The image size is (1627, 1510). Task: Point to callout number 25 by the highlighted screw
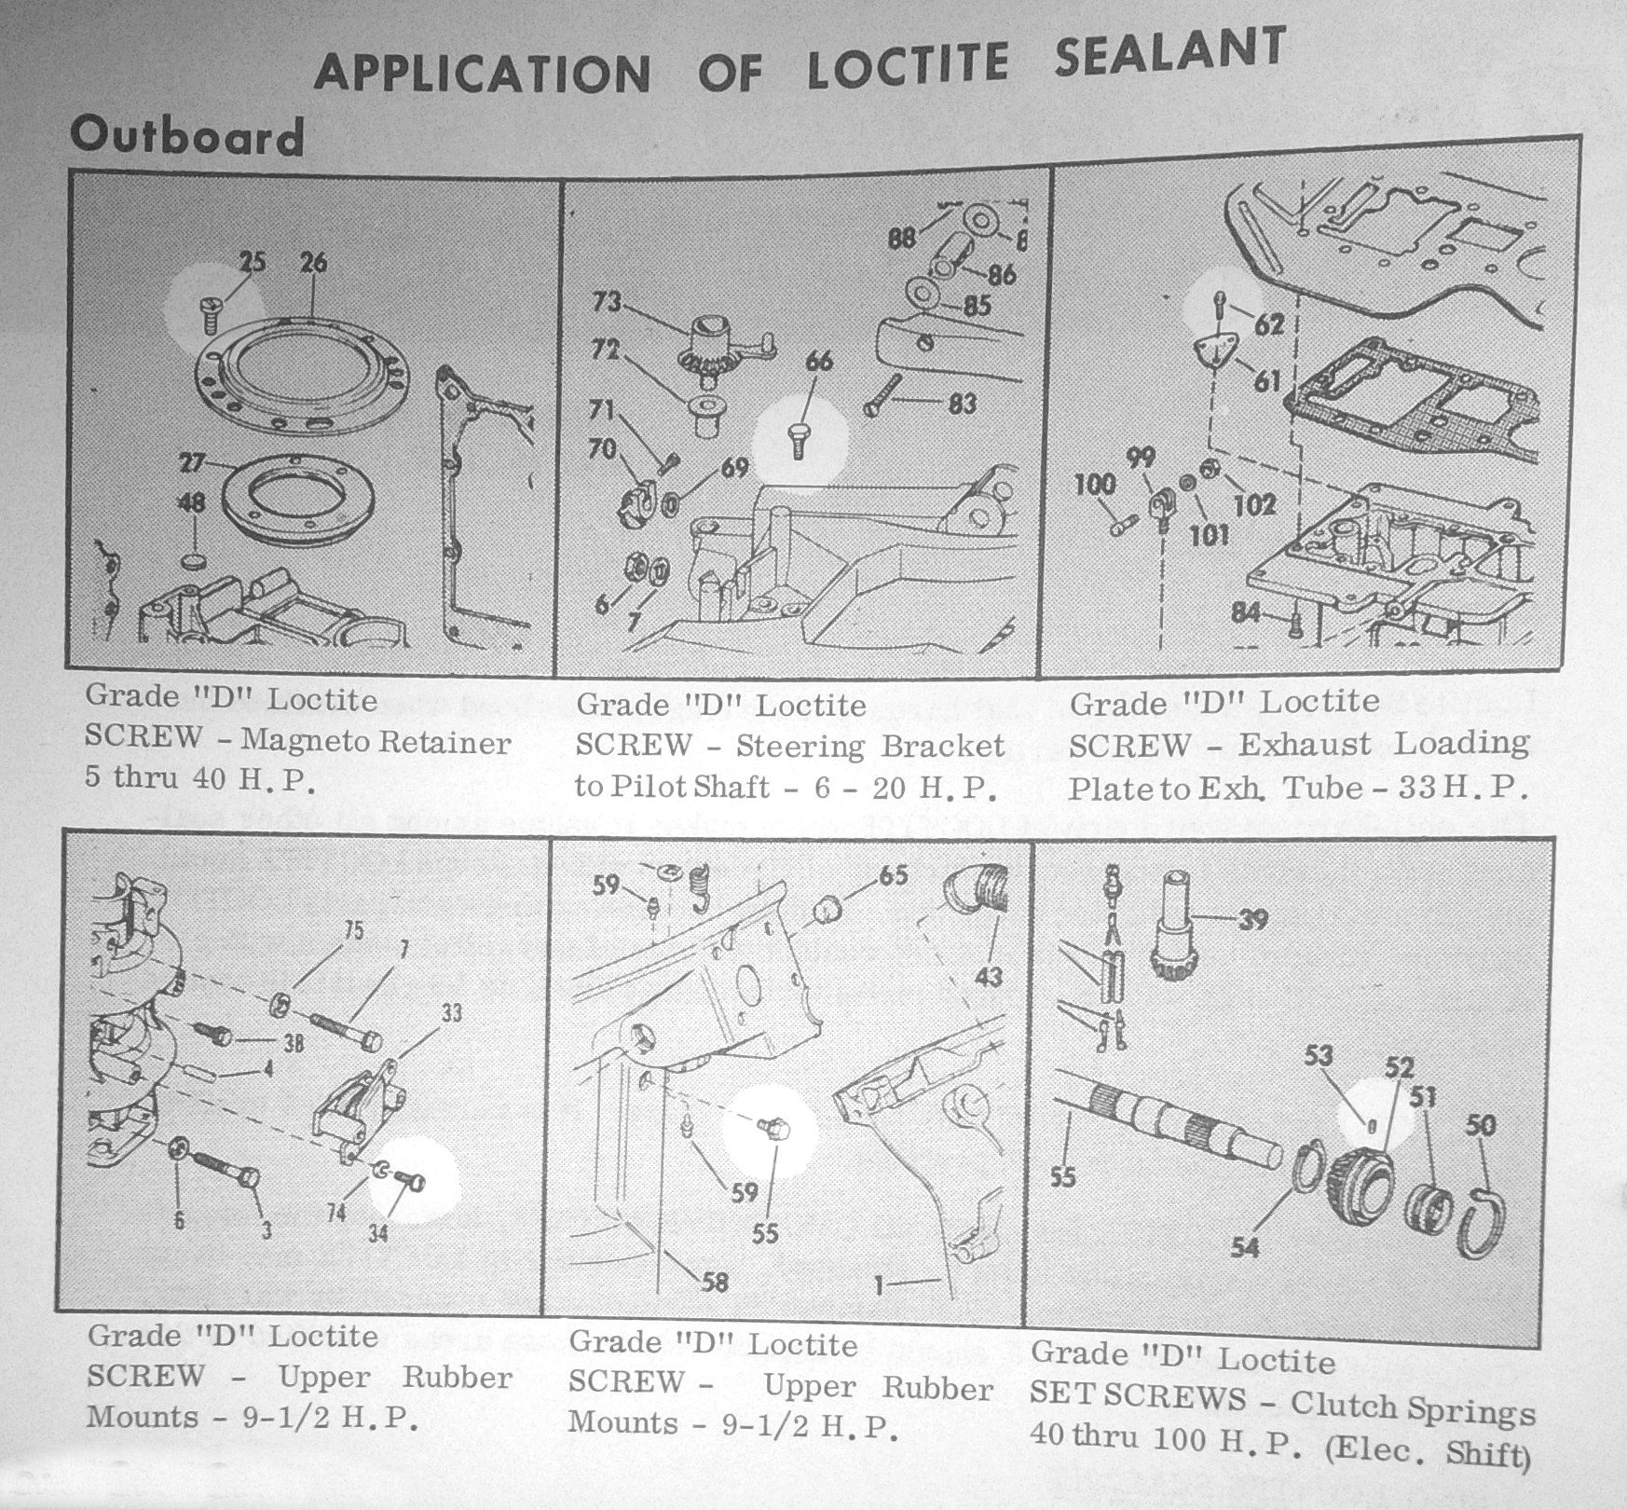pos(252,263)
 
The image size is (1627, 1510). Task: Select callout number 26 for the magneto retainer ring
pos(313,263)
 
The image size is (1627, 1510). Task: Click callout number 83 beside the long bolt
pos(962,403)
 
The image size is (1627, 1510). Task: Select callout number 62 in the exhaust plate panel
pos(1268,323)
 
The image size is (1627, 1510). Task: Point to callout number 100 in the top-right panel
pos(1094,484)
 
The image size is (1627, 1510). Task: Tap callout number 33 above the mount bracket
pos(450,1012)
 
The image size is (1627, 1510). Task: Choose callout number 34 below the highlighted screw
pos(377,1232)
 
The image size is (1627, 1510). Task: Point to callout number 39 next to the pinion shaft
pos(1252,920)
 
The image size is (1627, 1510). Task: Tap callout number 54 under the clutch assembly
pos(1245,1246)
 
